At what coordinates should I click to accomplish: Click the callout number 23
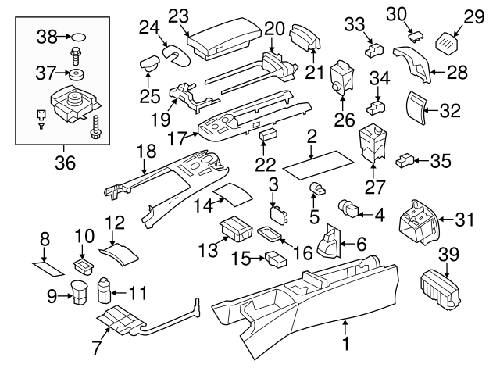coord(179,15)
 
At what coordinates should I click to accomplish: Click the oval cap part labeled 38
coord(80,36)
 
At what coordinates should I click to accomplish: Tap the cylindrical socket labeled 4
coord(349,209)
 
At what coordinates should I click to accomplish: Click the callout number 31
coord(465,220)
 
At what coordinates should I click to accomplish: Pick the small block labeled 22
coord(269,135)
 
